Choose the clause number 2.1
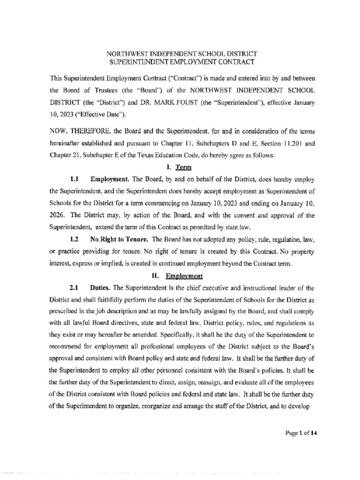(x=74, y=288)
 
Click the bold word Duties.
(x=99, y=288)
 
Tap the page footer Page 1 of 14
(x=302, y=433)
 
